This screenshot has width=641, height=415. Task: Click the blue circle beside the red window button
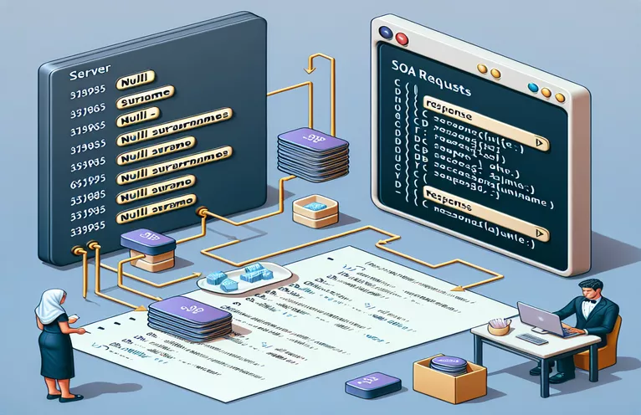click(x=386, y=32)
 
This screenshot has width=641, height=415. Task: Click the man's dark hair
click(x=589, y=285)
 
